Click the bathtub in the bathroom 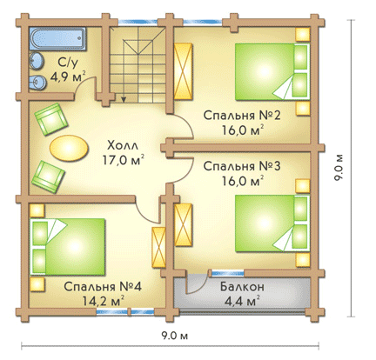57,38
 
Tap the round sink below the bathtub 37,61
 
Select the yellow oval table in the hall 69,148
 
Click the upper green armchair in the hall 51,119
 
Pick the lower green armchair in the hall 48,177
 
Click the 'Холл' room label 123,145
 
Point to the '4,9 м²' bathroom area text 68,77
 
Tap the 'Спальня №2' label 242,116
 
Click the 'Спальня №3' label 242,166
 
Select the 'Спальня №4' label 103,287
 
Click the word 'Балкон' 242,287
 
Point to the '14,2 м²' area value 104,301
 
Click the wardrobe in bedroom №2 184,71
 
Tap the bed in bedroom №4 68,246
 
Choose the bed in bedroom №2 272,72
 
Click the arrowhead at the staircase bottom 124,99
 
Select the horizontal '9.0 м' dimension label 175,336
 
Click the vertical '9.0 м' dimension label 339,168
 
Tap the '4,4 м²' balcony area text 242,301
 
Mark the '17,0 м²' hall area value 124,160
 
